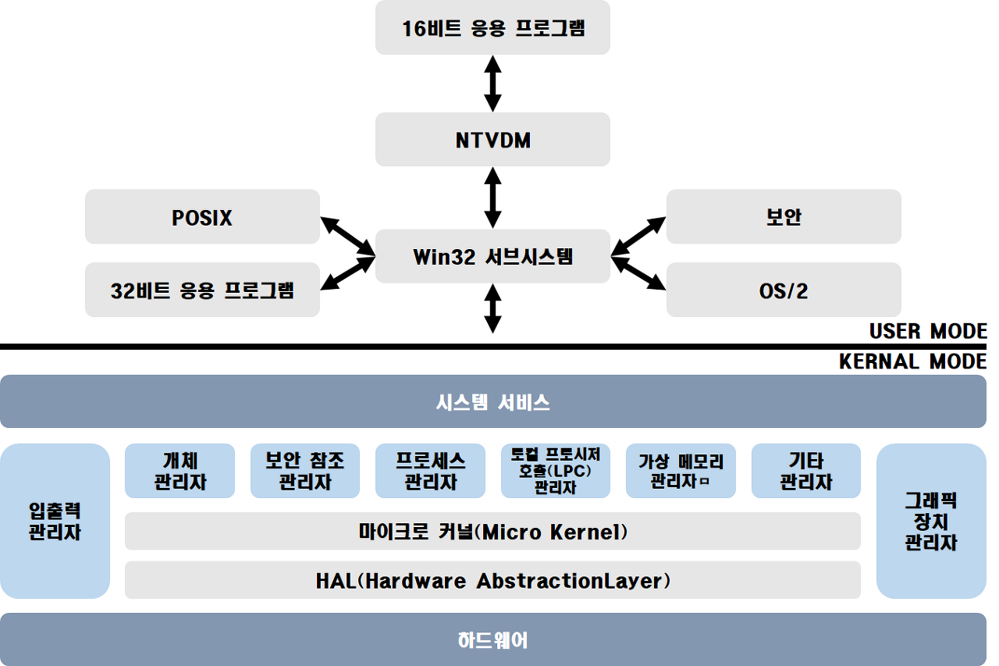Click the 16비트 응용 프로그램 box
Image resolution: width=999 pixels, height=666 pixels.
492,28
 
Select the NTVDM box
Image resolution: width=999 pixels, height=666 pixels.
492,140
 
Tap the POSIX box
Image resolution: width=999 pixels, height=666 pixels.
202,217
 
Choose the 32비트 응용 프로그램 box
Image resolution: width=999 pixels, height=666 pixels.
202,290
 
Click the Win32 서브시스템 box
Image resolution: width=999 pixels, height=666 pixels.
492,256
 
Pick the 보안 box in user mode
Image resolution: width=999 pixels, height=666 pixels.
784,217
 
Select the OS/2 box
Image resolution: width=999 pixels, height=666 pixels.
784,290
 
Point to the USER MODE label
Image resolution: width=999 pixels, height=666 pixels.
928,331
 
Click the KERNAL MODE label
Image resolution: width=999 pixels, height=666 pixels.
912,361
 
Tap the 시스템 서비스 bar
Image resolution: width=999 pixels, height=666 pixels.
492,402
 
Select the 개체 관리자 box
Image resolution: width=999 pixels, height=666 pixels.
180,471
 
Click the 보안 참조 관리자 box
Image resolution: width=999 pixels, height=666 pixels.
305,471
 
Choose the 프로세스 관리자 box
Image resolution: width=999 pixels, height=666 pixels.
430,471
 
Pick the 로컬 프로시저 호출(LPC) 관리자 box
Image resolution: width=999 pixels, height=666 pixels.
556,471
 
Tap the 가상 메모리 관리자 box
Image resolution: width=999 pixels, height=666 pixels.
681,471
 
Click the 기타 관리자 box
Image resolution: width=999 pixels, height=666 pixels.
806,471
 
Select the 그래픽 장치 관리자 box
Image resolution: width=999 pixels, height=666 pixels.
931,521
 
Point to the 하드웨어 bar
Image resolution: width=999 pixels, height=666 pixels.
492,640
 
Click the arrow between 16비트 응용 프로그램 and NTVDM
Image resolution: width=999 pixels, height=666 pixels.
492,84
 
